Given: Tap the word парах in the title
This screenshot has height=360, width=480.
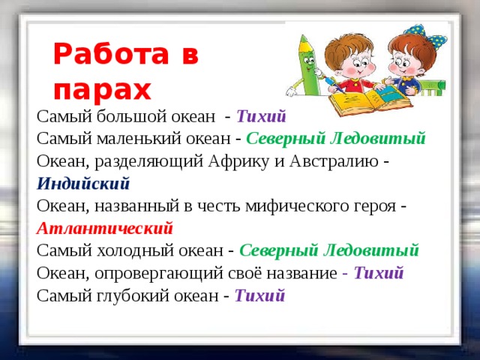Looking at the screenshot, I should pos(101,89).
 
